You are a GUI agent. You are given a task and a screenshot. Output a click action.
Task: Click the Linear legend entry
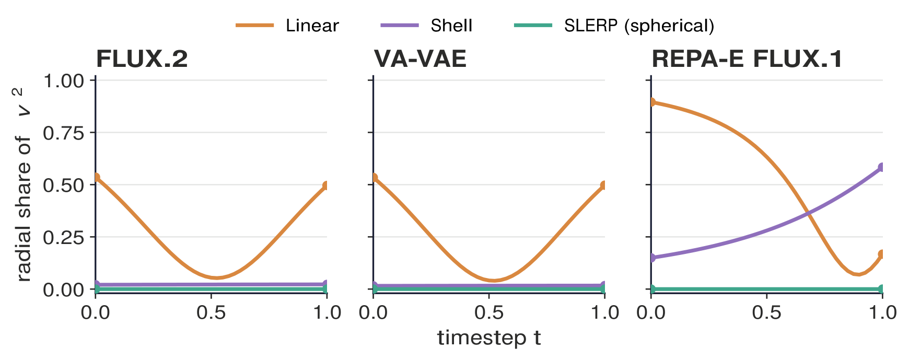[x=287, y=26]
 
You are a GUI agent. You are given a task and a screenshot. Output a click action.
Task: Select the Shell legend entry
[x=426, y=26]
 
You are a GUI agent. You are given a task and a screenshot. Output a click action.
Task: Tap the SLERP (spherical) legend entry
[x=614, y=26]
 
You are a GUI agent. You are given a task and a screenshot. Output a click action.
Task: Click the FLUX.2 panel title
[x=142, y=59]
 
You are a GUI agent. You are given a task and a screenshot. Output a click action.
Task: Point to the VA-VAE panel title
[x=420, y=59]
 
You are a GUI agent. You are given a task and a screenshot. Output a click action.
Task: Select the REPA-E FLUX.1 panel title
[x=747, y=59]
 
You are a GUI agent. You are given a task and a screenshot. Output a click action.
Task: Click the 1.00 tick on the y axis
[x=64, y=81]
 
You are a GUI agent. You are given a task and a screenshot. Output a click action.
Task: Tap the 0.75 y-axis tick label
[x=64, y=133]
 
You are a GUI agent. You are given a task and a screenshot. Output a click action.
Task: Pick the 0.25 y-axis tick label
[x=64, y=237]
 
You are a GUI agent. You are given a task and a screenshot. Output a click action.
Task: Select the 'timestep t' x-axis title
[x=489, y=338]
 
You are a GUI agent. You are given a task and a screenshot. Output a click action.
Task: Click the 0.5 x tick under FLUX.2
[x=211, y=312]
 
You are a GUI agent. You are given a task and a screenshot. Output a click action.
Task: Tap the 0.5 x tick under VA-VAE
[x=489, y=312]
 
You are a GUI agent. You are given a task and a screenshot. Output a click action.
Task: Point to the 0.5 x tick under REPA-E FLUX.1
[x=767, y=312]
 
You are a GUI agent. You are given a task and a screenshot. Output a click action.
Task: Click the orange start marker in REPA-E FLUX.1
[x=651, y=102]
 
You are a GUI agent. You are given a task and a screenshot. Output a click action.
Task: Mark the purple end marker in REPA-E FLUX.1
[x=882, y=168]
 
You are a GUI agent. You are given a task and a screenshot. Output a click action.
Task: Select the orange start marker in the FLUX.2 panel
[x=96, y=178]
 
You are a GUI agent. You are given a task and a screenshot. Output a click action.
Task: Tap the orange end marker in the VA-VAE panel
[x=604, y=185]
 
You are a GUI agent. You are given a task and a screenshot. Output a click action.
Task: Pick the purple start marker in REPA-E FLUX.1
[x=651, y=258]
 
